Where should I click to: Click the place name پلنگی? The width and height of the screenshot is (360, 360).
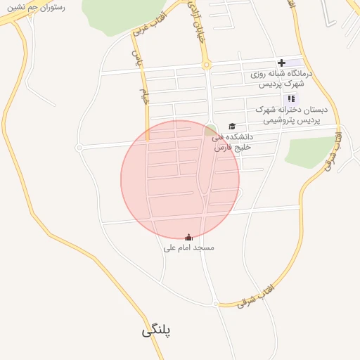(157, 330)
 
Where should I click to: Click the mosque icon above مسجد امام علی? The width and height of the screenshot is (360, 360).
(188, 238)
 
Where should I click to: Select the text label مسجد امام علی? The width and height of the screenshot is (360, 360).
(188, 247)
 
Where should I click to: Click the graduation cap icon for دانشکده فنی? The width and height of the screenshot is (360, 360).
(232, 126)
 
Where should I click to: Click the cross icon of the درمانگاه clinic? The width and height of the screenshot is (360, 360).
(281, 63)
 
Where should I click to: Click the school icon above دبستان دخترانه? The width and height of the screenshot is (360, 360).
(291, 98)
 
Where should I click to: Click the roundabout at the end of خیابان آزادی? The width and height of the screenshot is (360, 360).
(207, 65)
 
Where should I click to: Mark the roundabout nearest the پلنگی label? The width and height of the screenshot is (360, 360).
(215, 303)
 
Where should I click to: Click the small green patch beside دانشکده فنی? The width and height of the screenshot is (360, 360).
(210, 129)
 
